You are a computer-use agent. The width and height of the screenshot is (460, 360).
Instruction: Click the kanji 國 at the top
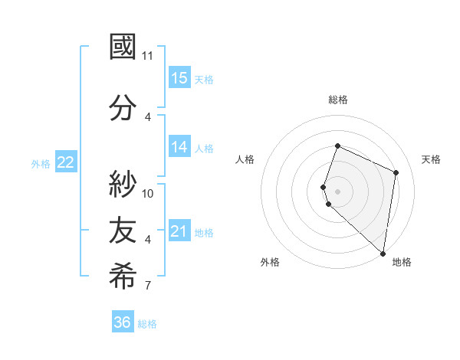(123, 47)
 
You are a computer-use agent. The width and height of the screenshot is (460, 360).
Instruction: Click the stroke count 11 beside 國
(148, 56)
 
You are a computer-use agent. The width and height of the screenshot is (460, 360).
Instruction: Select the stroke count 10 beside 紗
(148, 193)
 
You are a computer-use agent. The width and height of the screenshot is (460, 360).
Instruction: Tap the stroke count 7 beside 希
(148, 286)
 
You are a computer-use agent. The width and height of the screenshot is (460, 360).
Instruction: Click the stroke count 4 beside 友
(148, 240)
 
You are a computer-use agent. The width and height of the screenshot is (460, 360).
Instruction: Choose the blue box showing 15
(179, 78)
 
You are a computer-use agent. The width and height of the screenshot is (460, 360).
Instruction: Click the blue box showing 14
(179, 148)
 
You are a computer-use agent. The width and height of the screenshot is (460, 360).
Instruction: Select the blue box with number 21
(179, 231)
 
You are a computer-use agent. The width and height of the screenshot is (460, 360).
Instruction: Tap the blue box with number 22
(66, 162)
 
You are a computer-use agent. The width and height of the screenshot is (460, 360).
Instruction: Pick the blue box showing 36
(123, 322)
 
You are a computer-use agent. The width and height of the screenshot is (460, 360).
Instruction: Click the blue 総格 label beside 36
(147, 324)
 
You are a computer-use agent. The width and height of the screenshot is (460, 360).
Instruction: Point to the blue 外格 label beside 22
(41, 163)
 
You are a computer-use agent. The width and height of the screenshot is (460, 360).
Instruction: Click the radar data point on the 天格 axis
(396, 172)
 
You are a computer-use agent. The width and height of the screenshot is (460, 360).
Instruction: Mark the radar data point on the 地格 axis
(383, 254)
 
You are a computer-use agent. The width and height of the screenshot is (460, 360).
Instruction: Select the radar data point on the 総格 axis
(337, 146)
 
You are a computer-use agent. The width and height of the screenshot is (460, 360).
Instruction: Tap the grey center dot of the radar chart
(337, 191)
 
